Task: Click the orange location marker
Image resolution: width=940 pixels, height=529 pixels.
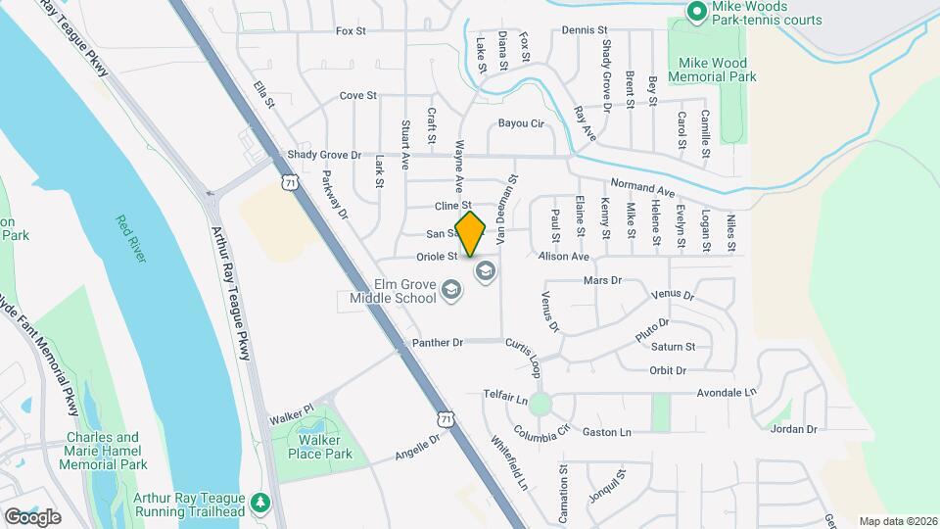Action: pyautogui.click(x=471, y=233)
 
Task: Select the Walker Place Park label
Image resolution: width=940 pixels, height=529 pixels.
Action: pyautogui.click(x=313, y=447)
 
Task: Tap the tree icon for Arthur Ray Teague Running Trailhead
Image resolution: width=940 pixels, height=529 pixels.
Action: pyautogui.click(x=260, y=503)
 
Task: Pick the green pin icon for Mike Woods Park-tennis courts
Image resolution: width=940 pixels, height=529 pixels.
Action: pyautogui.click(x=696, y=12)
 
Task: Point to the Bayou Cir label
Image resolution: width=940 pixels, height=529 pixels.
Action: pyautogui.click(x=520, y=123)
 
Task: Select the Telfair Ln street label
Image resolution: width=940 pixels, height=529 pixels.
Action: pyautogui.click(x=505, y=401)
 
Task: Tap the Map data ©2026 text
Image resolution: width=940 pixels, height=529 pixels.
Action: pyautogui.click(x=898, y=521)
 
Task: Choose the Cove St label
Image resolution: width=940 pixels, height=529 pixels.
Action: pyautogui.click(x=357, y=96)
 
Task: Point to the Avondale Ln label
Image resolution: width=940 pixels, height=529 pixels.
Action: pyautogui.click(x=728, y=393)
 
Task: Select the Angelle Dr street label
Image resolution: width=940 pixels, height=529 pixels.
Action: pyautogui.click(x=419, y=449)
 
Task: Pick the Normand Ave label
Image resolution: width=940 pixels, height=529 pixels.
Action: pyautogui.click(x=643, y=187)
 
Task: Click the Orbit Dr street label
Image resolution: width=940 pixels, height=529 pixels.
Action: pyautogui.click(x=668, y=370)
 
